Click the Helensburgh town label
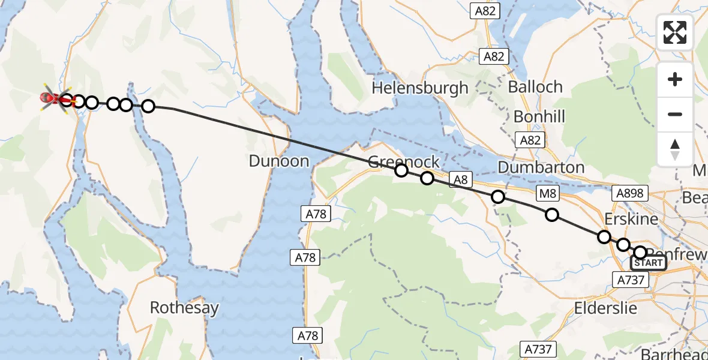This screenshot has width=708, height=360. click(x=419, y=88)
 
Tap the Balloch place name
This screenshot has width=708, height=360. click(x=535, y=86)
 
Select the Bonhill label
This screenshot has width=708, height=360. click(x=539, y=116)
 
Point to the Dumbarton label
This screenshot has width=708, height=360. click(x=541, y=167)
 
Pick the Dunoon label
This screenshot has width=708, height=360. click(x=279, y=161)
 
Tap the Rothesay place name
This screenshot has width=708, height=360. click(x=184, y=308)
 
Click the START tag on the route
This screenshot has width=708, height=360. click(x=649, y=263)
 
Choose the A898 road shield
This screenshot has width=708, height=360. click(x=629, y=193)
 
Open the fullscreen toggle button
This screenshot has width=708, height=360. click(x=675, y=32)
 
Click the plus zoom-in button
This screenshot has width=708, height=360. click(x=675, y=79)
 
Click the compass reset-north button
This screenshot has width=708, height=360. click(x=675, y=149)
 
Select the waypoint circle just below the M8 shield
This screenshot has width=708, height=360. click(x=551, y=215)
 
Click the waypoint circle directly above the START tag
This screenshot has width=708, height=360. click(x=641, y=253)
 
